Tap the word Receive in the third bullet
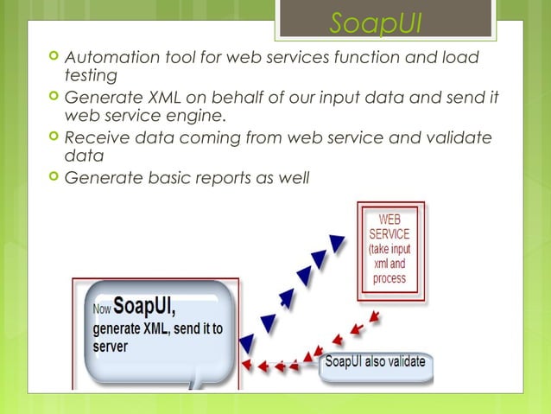pos(99,138)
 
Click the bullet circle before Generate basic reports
pos(55,178)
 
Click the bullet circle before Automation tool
pos(55,57)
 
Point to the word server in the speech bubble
pos(111,347)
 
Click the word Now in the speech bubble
pos(102,309)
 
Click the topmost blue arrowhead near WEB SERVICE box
pos(339,237)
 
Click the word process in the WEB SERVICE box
pos(389,278)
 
